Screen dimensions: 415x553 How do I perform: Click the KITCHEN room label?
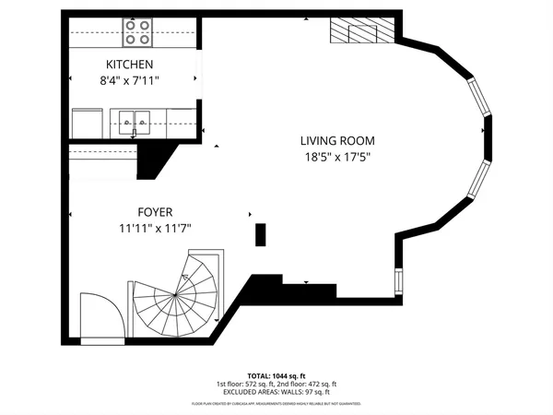point(129,65)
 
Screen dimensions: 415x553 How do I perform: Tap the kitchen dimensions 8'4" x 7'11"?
point(129,80)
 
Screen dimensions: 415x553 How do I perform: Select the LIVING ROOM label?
point(337,141)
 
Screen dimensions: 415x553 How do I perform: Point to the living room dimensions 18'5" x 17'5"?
point(337,157)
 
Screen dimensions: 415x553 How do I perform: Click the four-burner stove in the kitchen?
point(138,38)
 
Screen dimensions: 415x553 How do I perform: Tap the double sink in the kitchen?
point(135,118)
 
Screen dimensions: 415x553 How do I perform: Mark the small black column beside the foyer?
point(260,234)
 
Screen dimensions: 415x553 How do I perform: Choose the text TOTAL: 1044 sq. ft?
point(276,375)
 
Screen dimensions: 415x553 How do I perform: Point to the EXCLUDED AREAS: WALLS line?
point(276,392)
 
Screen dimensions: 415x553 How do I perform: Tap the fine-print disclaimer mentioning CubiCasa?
point(276,404)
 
